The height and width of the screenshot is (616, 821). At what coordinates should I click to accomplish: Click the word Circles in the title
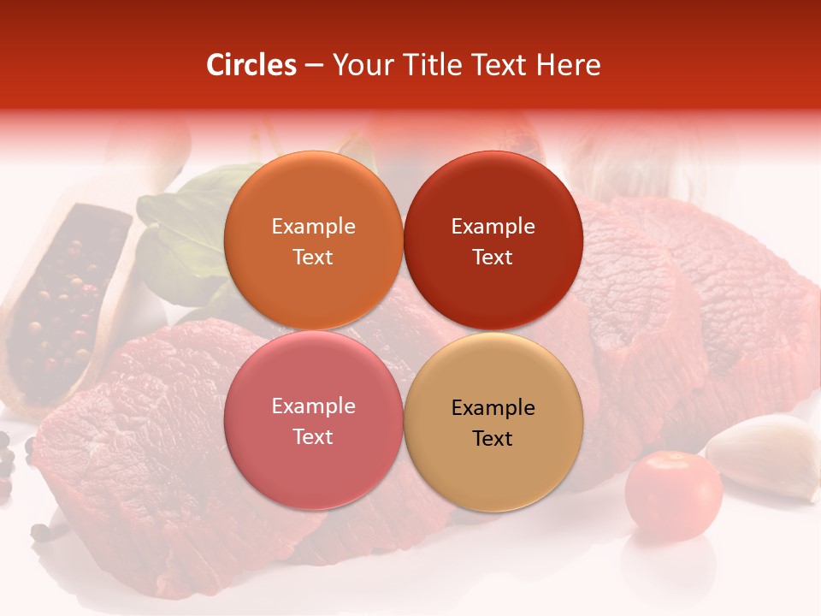[x=251, y=65]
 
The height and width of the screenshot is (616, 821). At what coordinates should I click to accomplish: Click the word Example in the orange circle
[x=313, y=226]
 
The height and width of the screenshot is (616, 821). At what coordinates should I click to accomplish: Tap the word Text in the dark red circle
[x=493, y=257]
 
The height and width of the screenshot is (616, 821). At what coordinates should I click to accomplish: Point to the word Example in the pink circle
[x=313, y=406]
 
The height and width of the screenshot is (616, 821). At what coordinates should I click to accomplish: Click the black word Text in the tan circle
[x=493, y=438]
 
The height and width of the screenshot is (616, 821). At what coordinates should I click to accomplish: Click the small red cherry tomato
[x=673, y=495]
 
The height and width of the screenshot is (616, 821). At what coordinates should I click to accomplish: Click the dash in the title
[x=314, y=65]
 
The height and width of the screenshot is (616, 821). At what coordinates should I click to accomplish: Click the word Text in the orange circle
[x=313, y=257]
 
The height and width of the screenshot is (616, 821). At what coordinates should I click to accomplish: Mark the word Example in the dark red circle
[x=493, y=226]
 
